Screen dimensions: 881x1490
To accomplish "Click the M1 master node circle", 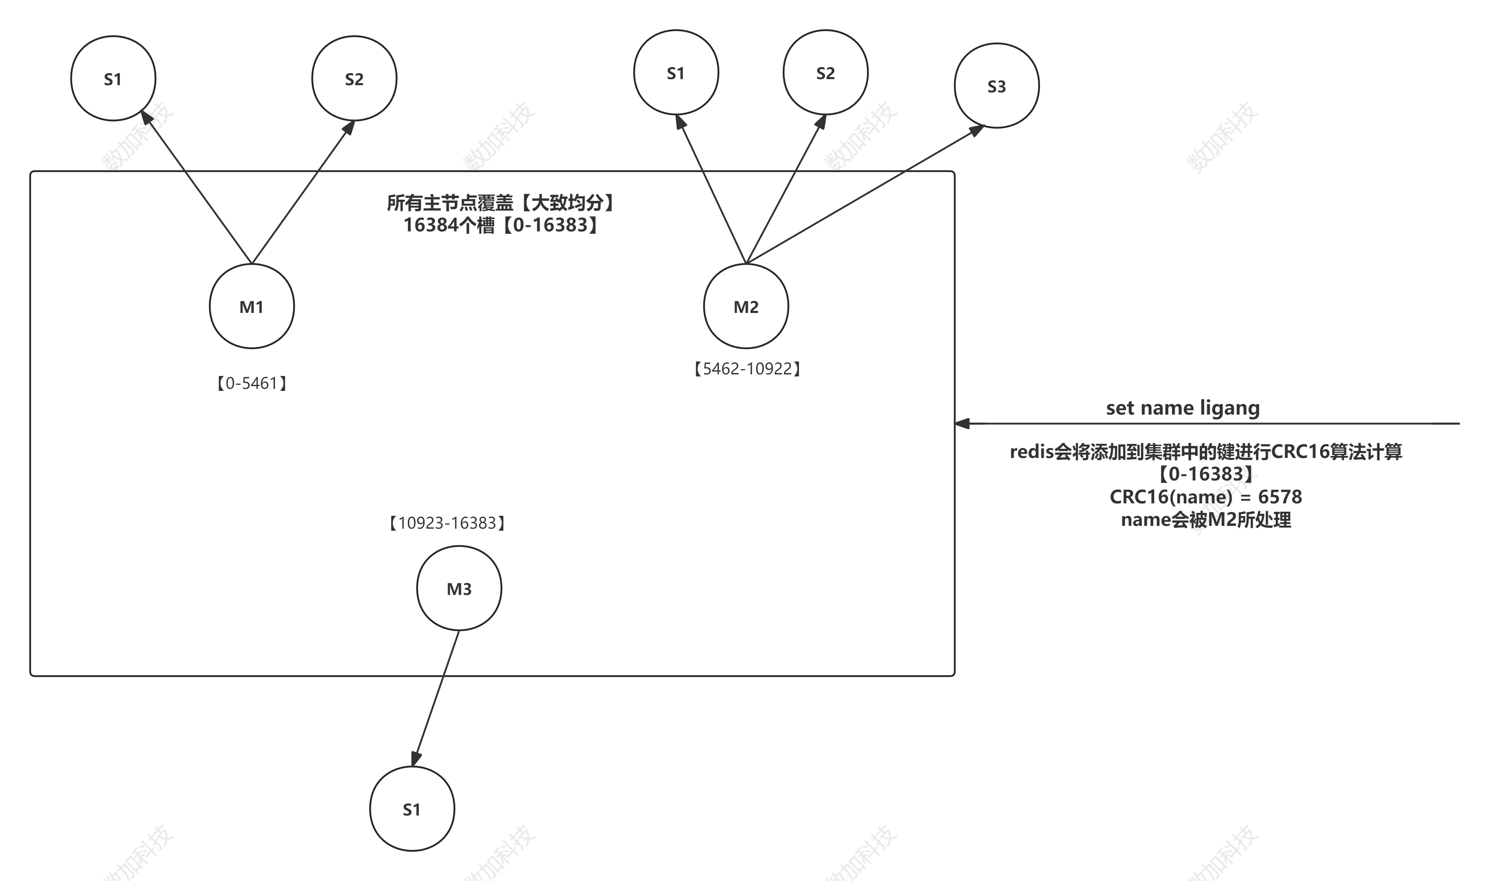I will pos(252,307).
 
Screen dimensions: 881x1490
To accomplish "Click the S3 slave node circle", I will pos(996,86).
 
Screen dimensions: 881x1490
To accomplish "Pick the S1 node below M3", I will pos(412,809).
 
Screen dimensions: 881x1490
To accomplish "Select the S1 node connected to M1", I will pos(113,78).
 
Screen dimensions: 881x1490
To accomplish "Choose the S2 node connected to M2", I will pos(825,72).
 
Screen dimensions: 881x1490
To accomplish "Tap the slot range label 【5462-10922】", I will pos(747,369).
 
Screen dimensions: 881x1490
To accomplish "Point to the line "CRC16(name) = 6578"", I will pos(1205,496).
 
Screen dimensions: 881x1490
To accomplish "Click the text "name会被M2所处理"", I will pos(1205,519).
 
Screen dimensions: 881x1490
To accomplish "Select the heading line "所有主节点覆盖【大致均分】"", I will pos(501,203).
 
